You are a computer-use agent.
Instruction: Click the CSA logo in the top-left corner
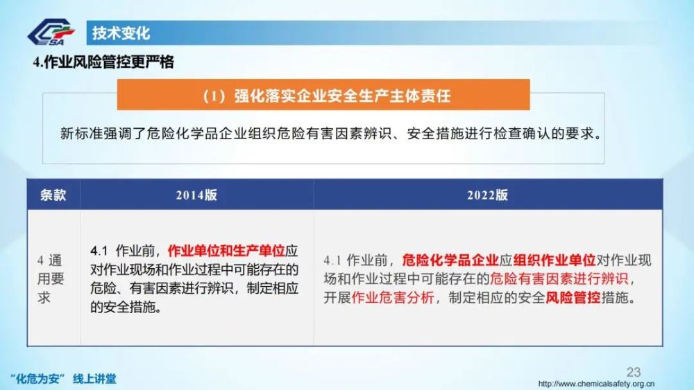(x=51, y=33)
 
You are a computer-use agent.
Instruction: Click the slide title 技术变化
(x=121, y=33)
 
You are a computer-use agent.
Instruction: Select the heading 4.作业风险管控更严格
(x=103, y=62)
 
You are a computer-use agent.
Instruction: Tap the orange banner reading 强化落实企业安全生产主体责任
(x=323, y=94)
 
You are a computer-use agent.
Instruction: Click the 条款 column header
(x=53, y=195)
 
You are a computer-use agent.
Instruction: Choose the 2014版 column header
(x=196, y=195)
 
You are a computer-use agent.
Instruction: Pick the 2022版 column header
(x=487, y=195)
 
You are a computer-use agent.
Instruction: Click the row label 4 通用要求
(x=50, y=278)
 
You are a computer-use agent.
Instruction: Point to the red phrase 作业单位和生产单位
(x=226, y=251)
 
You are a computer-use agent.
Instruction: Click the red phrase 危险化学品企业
(x=450, y=260)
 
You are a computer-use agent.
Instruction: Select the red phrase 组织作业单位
(x=554, y=260)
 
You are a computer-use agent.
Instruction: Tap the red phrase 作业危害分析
(x=393, y=298)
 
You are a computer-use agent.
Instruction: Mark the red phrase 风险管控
(x=573, y=298)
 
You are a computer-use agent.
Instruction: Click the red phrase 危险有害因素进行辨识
(x=559, y=278)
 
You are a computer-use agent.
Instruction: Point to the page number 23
(x=634, y=372)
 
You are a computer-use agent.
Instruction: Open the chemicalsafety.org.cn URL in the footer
(x=596, y=383)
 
